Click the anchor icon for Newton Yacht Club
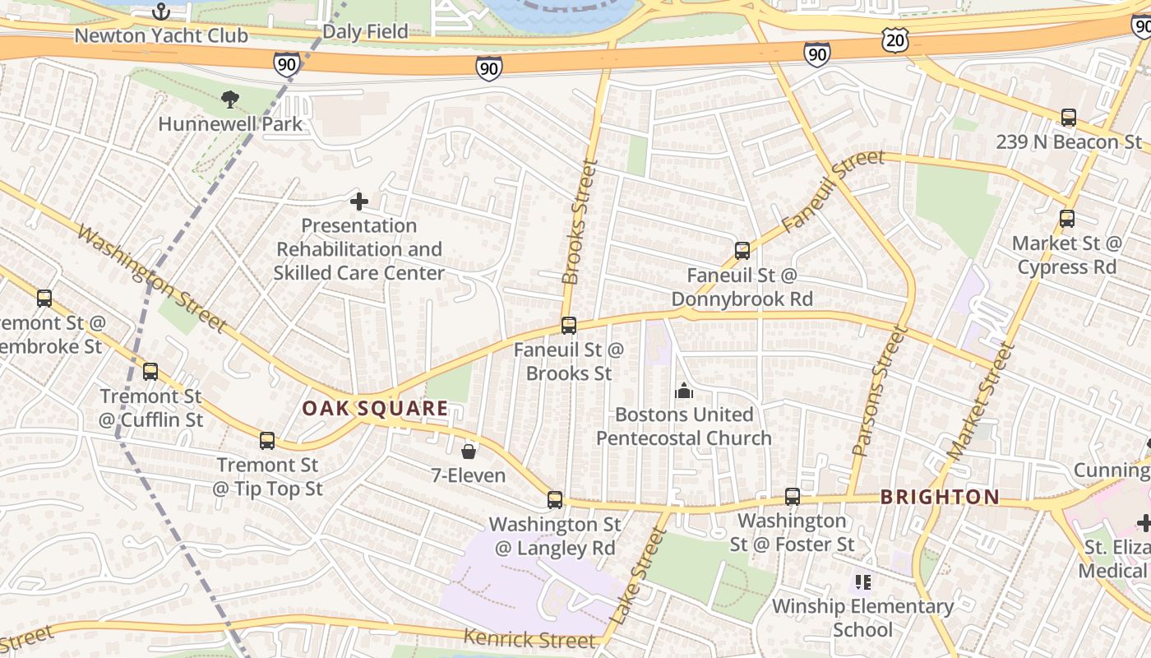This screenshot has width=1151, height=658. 161,12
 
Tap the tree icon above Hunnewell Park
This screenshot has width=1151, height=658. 230,100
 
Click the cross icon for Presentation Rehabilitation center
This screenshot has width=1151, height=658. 358,201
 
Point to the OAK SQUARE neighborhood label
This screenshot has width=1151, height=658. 375,408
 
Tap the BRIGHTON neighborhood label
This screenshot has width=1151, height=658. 940,497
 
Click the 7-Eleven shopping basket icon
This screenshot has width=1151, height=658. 468,451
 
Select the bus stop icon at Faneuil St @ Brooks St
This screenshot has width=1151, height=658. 568,326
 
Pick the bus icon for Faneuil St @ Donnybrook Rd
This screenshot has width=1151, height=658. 742,251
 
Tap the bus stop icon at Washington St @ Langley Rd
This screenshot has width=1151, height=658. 555,500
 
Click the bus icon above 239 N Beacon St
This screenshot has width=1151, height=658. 1068,118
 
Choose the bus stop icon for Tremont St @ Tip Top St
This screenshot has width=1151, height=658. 266,441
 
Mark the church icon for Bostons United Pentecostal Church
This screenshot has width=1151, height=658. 683,392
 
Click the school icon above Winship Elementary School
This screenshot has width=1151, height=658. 862,582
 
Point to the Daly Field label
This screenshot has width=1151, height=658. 365,31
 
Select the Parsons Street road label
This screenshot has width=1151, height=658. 880,391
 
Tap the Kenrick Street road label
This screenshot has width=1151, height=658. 529,638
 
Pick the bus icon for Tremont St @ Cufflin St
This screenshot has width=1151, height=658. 150,372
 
